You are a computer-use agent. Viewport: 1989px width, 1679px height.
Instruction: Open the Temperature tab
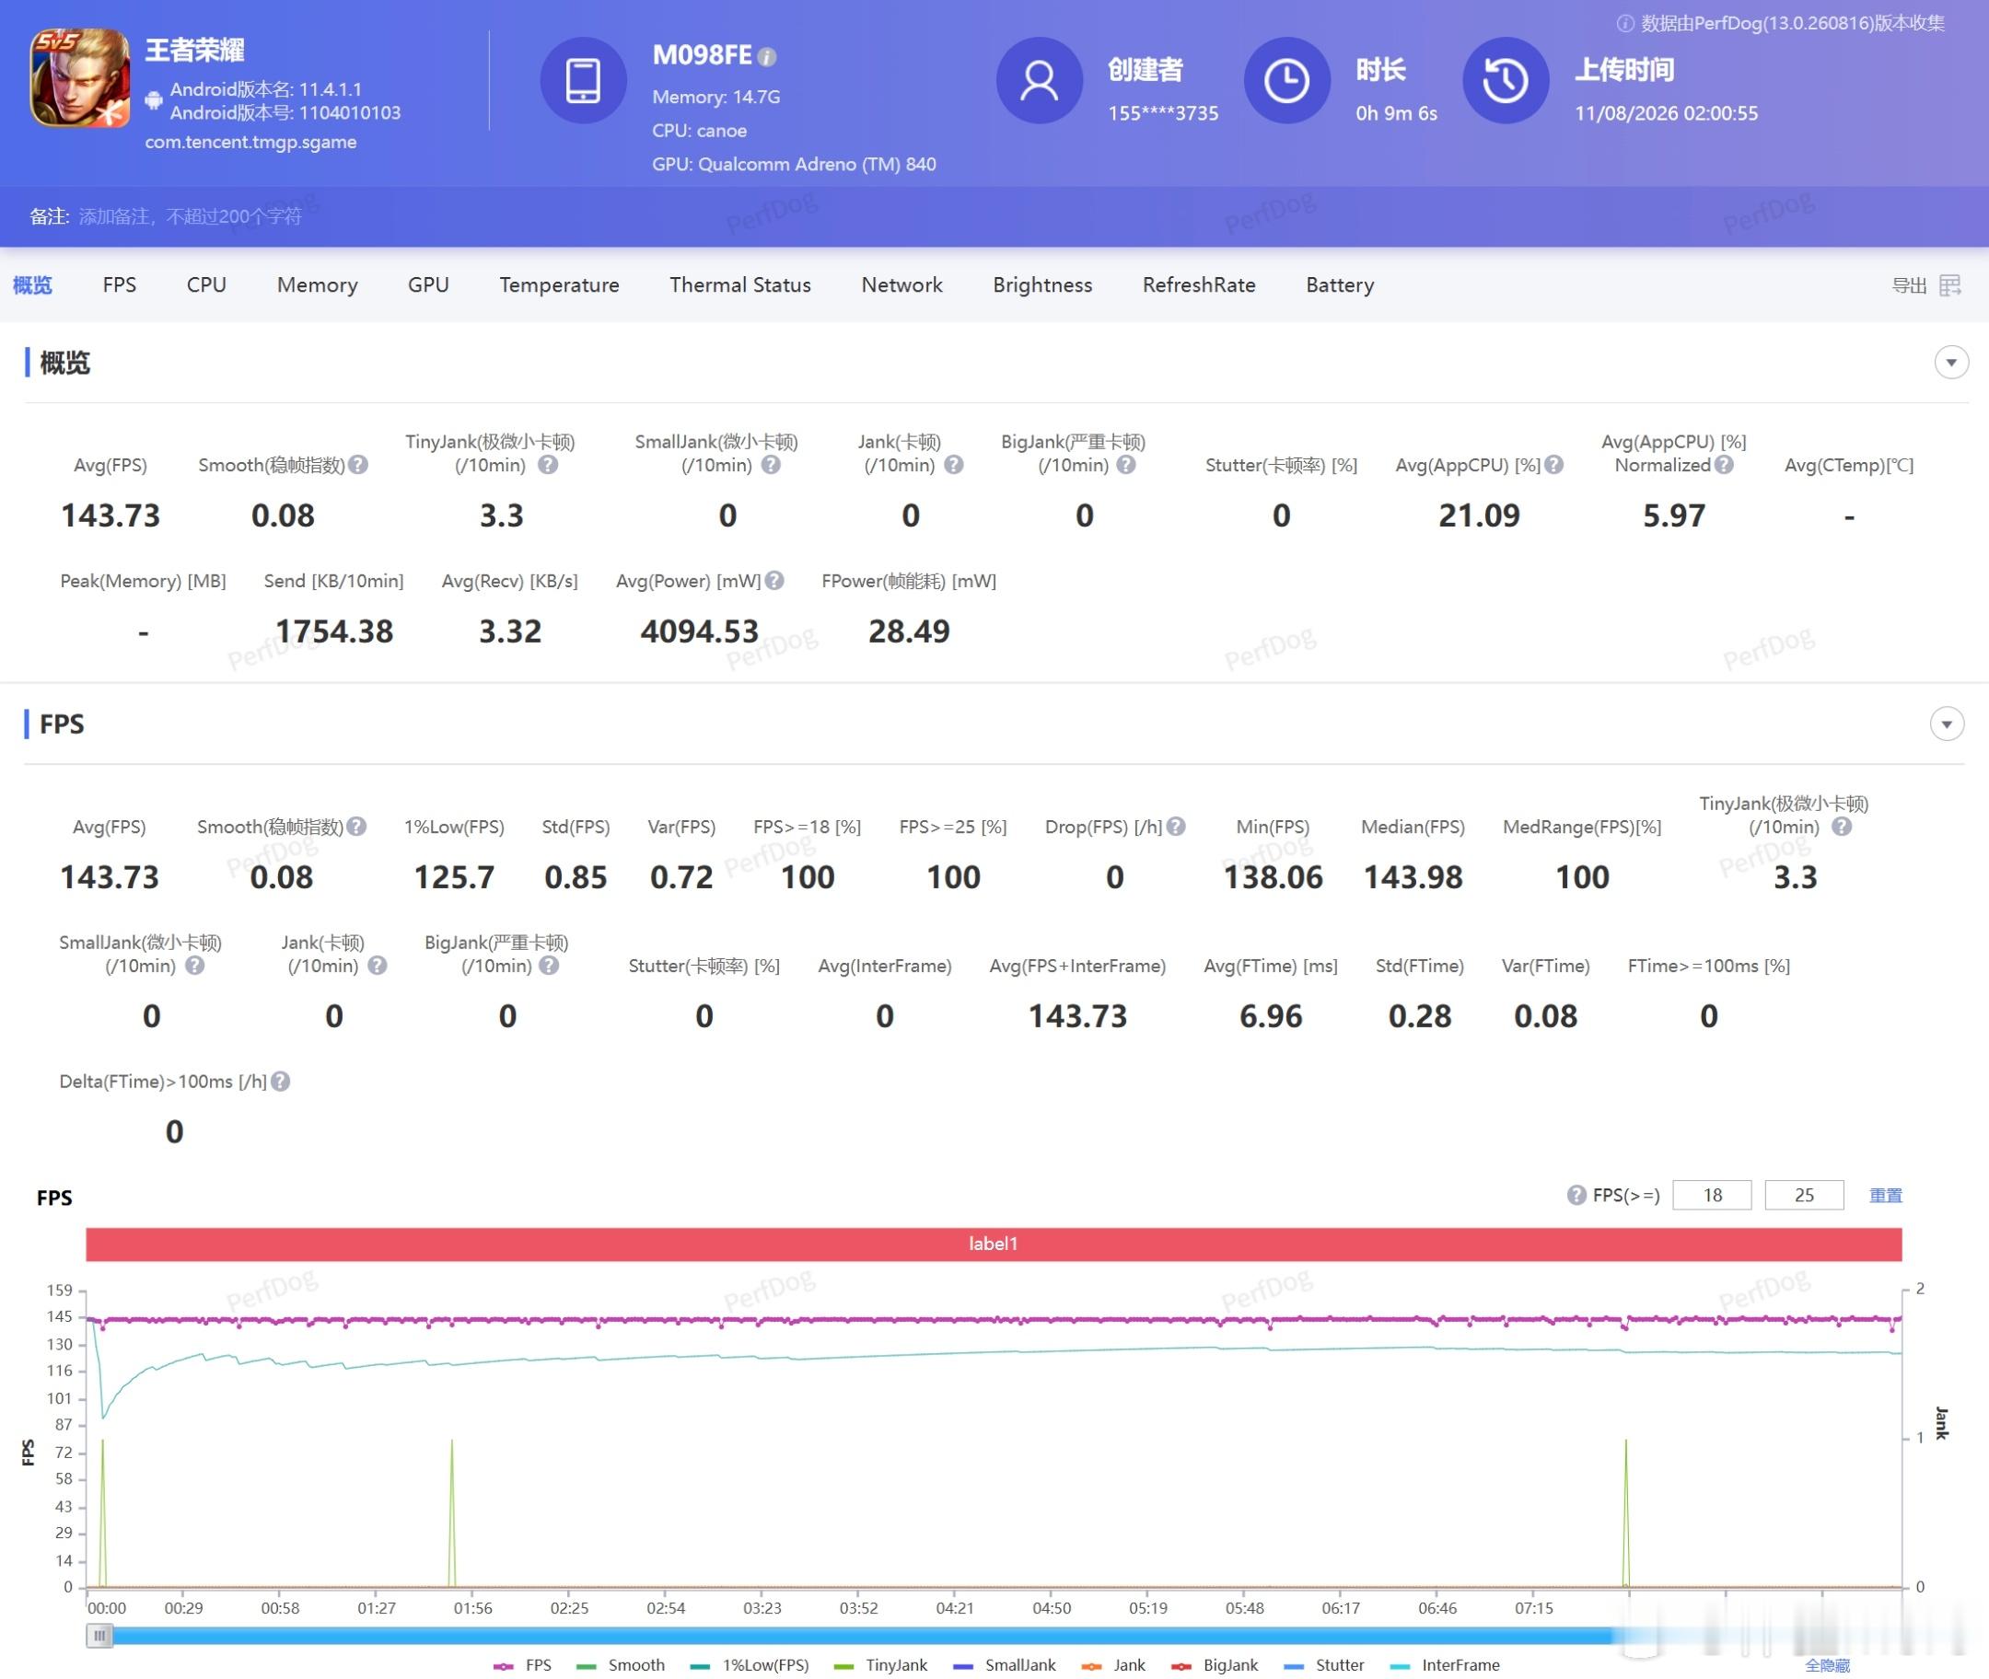tap(559, 284)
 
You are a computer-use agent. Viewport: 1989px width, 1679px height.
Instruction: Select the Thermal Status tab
tap(739, 284)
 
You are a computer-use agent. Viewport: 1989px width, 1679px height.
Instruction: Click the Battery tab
tap(1340, 284)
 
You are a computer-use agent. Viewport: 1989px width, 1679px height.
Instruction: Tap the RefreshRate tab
tap(1199, 284)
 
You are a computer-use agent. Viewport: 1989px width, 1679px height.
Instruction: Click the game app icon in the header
tap(80, 78)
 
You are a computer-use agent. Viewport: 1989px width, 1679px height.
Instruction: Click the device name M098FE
tap(702, 55)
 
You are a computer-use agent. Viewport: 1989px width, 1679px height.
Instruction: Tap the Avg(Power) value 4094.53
tap(699, 631)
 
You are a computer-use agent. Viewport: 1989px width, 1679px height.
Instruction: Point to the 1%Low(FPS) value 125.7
tap(454, 876)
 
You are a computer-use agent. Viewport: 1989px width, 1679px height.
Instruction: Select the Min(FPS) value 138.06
tap(1273, 876)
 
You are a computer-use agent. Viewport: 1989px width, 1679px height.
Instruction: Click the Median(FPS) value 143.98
tap(1413, 876)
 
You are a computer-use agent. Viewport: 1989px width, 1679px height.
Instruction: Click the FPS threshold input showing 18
tap(1712, 1195)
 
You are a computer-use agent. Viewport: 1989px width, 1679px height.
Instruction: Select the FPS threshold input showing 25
tap(1804, 1195)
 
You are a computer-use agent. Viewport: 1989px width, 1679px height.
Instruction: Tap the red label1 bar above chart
tap(994, 1243)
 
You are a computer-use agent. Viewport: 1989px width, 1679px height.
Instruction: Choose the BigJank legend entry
tap(1215, 1664)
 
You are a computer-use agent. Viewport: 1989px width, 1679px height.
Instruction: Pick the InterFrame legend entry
tap(1445, 1664)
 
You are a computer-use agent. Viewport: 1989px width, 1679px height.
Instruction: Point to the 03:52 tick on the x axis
tap(859, 1607)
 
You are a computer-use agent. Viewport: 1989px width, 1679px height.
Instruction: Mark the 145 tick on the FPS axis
tap(59, 1316)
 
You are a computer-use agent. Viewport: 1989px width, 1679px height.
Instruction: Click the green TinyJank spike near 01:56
tap(452, 1513)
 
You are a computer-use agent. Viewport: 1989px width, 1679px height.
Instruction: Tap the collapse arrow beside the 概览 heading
tap(1951, 363)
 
